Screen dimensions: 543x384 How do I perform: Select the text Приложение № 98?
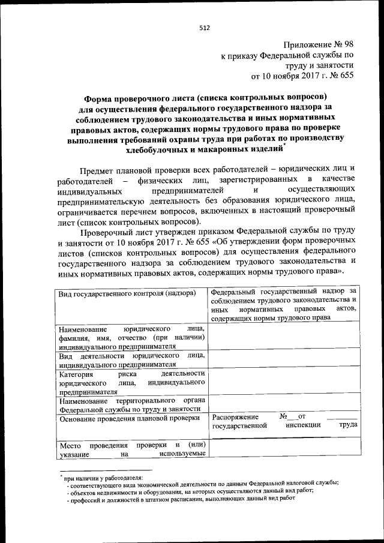point(319,45)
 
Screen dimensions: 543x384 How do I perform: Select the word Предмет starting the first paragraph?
point(98,170)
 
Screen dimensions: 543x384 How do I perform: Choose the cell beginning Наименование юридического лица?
point(132,338)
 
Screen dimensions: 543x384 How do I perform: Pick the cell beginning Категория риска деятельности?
point(132,382)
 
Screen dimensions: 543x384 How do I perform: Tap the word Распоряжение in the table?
point(236,416)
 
